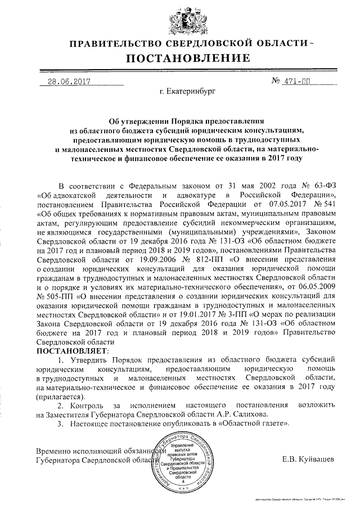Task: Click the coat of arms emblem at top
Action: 179,19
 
